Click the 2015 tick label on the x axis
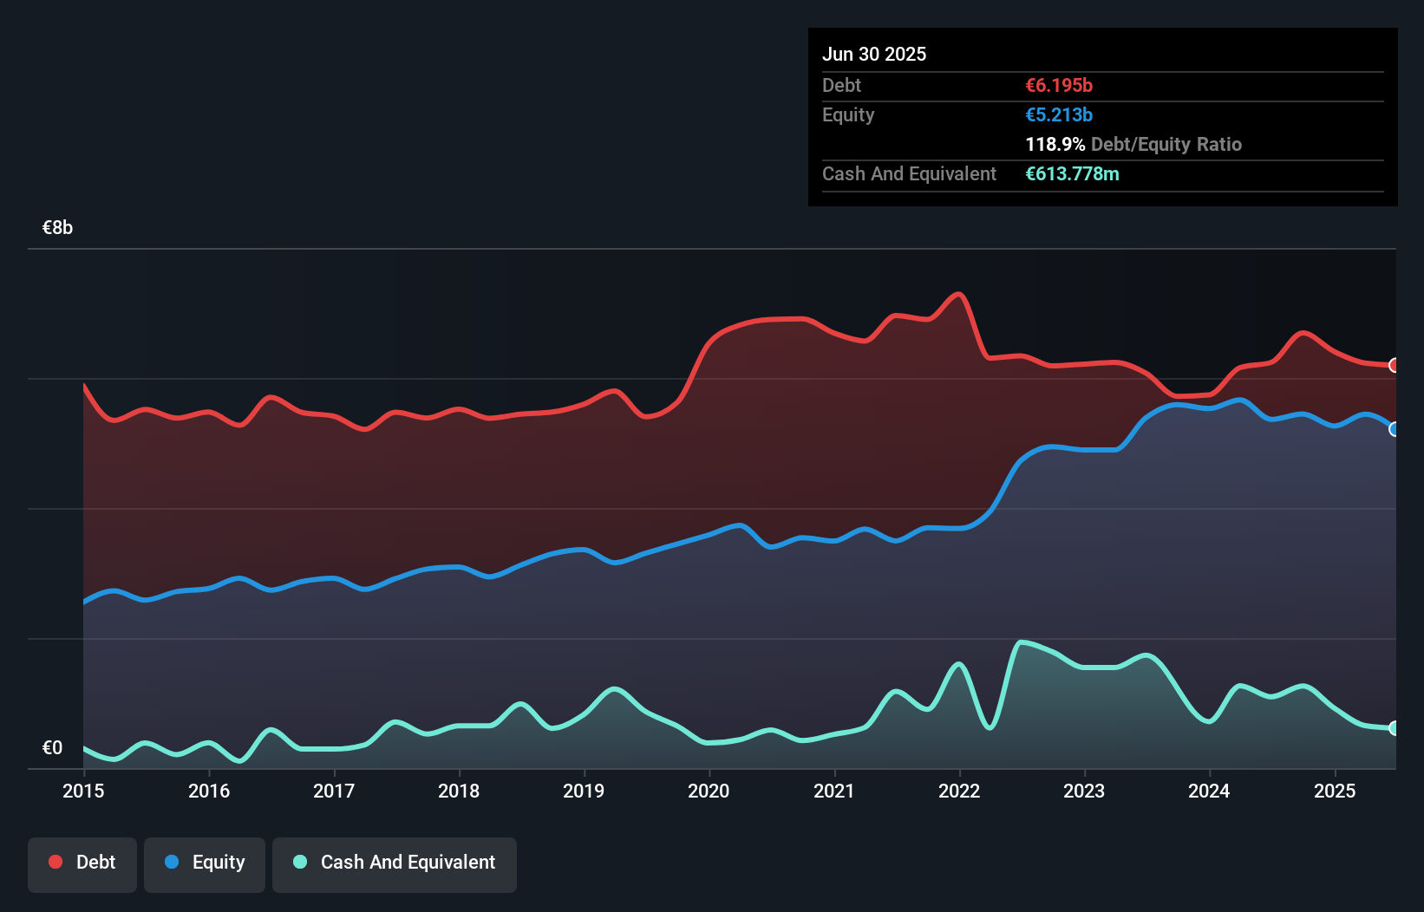[x=83, y=791]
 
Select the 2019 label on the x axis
[x=584, y=791]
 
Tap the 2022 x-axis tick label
[x=959, y=791]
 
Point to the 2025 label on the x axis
[x=1335, y=791]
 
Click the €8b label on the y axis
[x=57, y=228]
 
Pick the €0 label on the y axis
[x=52, y=747]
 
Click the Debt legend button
[x=82, y=863]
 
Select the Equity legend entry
[x=205, y=863]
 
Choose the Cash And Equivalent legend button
[x=395, y=863]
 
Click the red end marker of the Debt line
[x=1394, y=365]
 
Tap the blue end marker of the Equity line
[x=1394, y=429]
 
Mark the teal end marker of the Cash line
[x=1394, y=728]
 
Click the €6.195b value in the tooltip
[x=1059, y=86]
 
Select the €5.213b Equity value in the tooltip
[x=1059, y=115]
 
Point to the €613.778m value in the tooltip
[x=1072, y=174]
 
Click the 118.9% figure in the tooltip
[x=1055, y=145]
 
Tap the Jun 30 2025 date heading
[x=874, y=55]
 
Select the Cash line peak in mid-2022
[x=1021, y=642]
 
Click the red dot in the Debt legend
[x=56, y=862]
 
